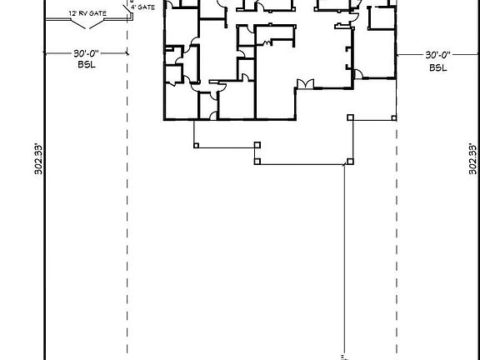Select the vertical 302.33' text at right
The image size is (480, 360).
coord(472,158)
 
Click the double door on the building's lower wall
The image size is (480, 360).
coord(303,83)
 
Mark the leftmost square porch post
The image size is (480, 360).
coord(196,146)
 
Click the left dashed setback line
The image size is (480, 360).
coord(127,208)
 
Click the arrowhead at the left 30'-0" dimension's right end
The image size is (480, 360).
coord(125,55)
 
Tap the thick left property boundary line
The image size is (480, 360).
coord(44,208)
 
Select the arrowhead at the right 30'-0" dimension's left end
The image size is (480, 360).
coord(400,55)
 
